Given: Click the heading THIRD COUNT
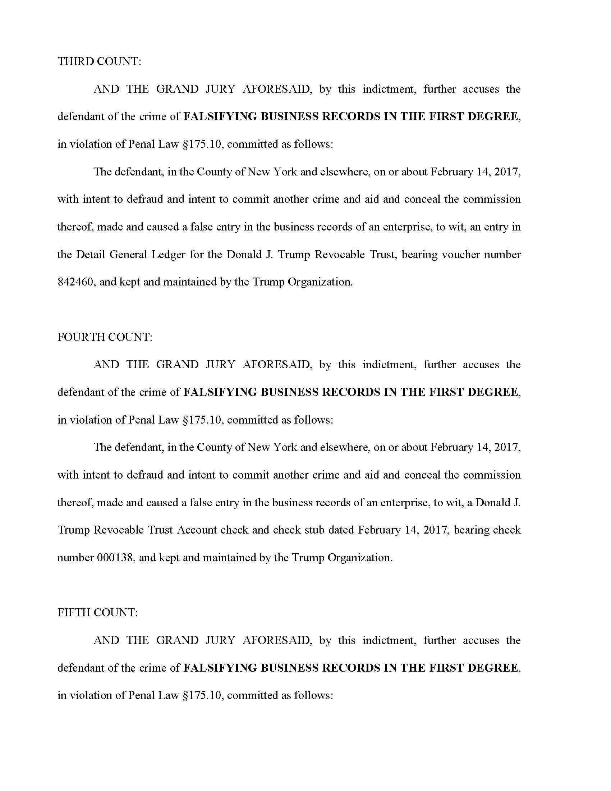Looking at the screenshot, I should [x=99, y=61].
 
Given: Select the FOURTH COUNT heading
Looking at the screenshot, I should [x=105, y=337].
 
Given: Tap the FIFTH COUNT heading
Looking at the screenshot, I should [x=97, y=612].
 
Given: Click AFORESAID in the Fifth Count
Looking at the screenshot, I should [x=277, y=640].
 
